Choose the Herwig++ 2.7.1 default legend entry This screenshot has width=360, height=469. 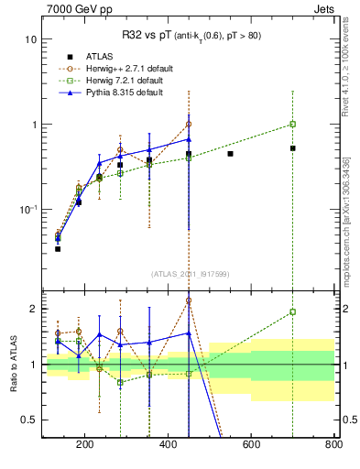click(115, 69)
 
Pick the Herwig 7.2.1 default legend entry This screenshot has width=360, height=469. click(115, 81)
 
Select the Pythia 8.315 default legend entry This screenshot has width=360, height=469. click(115, 93)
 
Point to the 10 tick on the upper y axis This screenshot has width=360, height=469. click(30, 40)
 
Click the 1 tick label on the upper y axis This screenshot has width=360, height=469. click(33, 125)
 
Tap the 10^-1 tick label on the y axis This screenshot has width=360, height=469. click(27, 209)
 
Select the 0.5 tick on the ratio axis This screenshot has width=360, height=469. click(29, 420)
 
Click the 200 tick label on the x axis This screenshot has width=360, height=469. click(85, 446)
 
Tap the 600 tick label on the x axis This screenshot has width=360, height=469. click(251, 446)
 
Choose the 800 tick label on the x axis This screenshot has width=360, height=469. click(333, 446)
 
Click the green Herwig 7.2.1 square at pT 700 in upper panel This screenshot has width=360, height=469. click(292, 125)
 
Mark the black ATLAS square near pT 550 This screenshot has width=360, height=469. click(230, 154)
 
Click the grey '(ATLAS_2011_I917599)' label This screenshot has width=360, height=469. click(190, 272)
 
